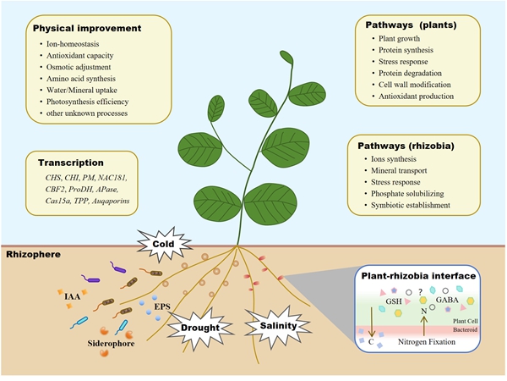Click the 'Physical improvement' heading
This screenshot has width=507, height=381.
(x=86, y=29)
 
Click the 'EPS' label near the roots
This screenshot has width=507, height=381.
(x=161, y=299)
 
